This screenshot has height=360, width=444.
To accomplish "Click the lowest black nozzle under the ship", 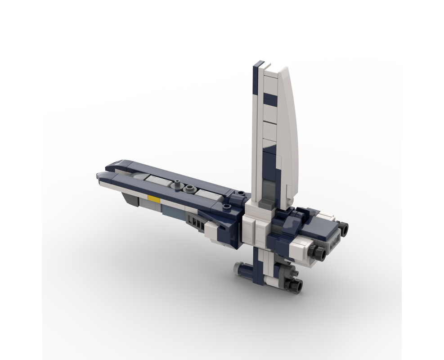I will click(x=297, y=284).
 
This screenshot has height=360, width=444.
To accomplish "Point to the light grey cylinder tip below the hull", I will click(x=237, y=269).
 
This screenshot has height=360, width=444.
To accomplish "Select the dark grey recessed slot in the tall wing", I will click(x=269, y=189).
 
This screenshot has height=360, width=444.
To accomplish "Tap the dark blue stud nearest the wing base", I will click(x=242, y=194).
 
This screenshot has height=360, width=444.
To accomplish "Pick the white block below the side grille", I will click(x=211, y=231).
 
